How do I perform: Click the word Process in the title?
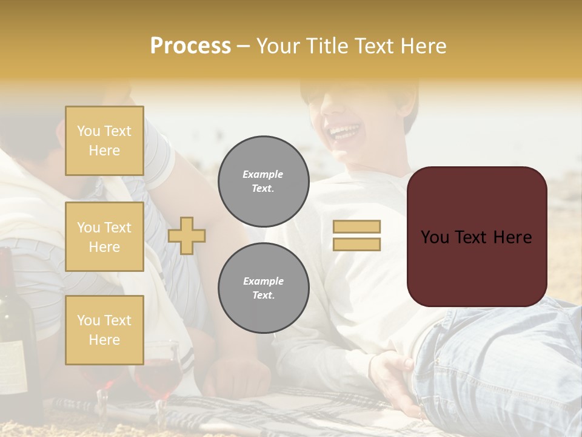[190, 46]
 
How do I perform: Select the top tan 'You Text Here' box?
[104, 141]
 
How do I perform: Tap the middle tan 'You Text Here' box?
[104, 237]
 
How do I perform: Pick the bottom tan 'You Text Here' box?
[104, 330]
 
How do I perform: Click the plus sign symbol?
[187, 235]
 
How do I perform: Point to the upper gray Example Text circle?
[263, 181]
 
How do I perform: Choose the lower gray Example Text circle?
[263, 288]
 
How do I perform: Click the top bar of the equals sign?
[356, 227]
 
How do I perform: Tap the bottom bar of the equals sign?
[356, 244]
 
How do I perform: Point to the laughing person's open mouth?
[344, 132]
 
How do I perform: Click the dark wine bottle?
[18, 340]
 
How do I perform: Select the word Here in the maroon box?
[512, 237]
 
